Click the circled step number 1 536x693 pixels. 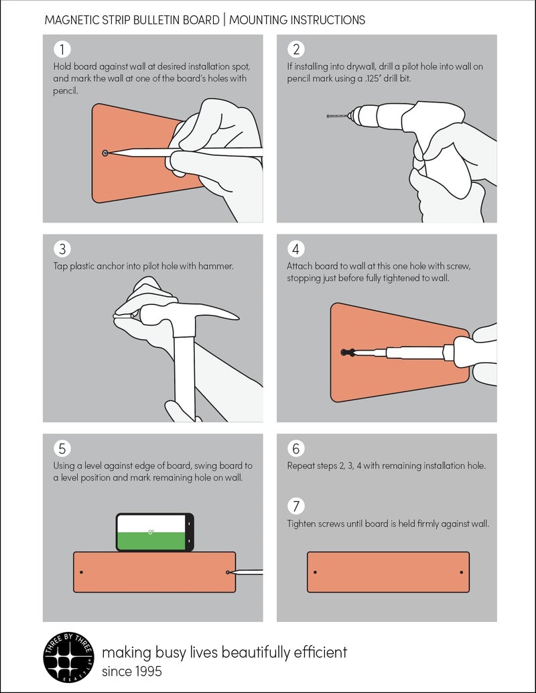point(62,49)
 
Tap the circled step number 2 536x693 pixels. point(296,49)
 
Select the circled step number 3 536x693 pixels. point(62,249)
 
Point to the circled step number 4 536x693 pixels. point(296,249)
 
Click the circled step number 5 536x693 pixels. point(62,448)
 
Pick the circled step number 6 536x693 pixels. point(296,448)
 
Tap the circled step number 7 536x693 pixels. point(296,506)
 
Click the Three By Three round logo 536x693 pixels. point(69,657)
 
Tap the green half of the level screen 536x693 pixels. point(151,541)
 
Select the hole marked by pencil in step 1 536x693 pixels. point(105,153)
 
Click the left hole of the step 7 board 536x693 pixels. point(315,572)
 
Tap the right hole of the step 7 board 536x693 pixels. point(462,572)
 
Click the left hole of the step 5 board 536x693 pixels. point(81,572)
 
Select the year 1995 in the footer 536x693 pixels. point(148,672)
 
